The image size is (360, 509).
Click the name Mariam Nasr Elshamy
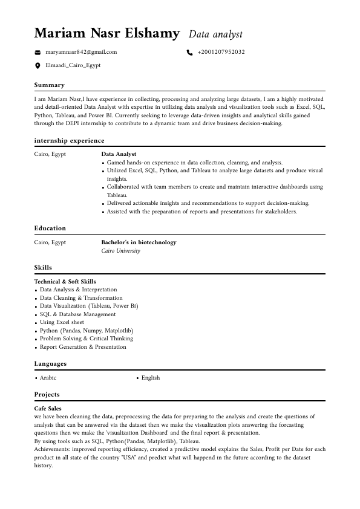(107, 33)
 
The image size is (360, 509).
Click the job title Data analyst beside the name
(215, 34)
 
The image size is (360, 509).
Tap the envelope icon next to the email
(38, 53)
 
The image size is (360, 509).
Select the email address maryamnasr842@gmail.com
(81, 53)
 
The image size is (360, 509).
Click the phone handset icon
(189, 53)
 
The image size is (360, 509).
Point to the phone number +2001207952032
(221, 53)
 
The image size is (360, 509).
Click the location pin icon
(38, 65)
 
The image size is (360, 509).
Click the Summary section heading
(49, 85)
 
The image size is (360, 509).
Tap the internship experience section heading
(69, 141)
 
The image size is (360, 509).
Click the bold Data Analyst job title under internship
(119, 155)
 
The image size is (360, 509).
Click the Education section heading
(50, 229)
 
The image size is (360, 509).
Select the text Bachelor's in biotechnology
(139, 242)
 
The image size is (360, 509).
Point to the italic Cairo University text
(120, 251)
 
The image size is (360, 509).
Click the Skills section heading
(43, 268)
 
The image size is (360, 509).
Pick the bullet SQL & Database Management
(77, 314)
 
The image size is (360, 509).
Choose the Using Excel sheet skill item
(62, 323)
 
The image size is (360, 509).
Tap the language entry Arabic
(48, 378)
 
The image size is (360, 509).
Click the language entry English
(151, 378)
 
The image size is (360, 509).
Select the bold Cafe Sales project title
(48, 409)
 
